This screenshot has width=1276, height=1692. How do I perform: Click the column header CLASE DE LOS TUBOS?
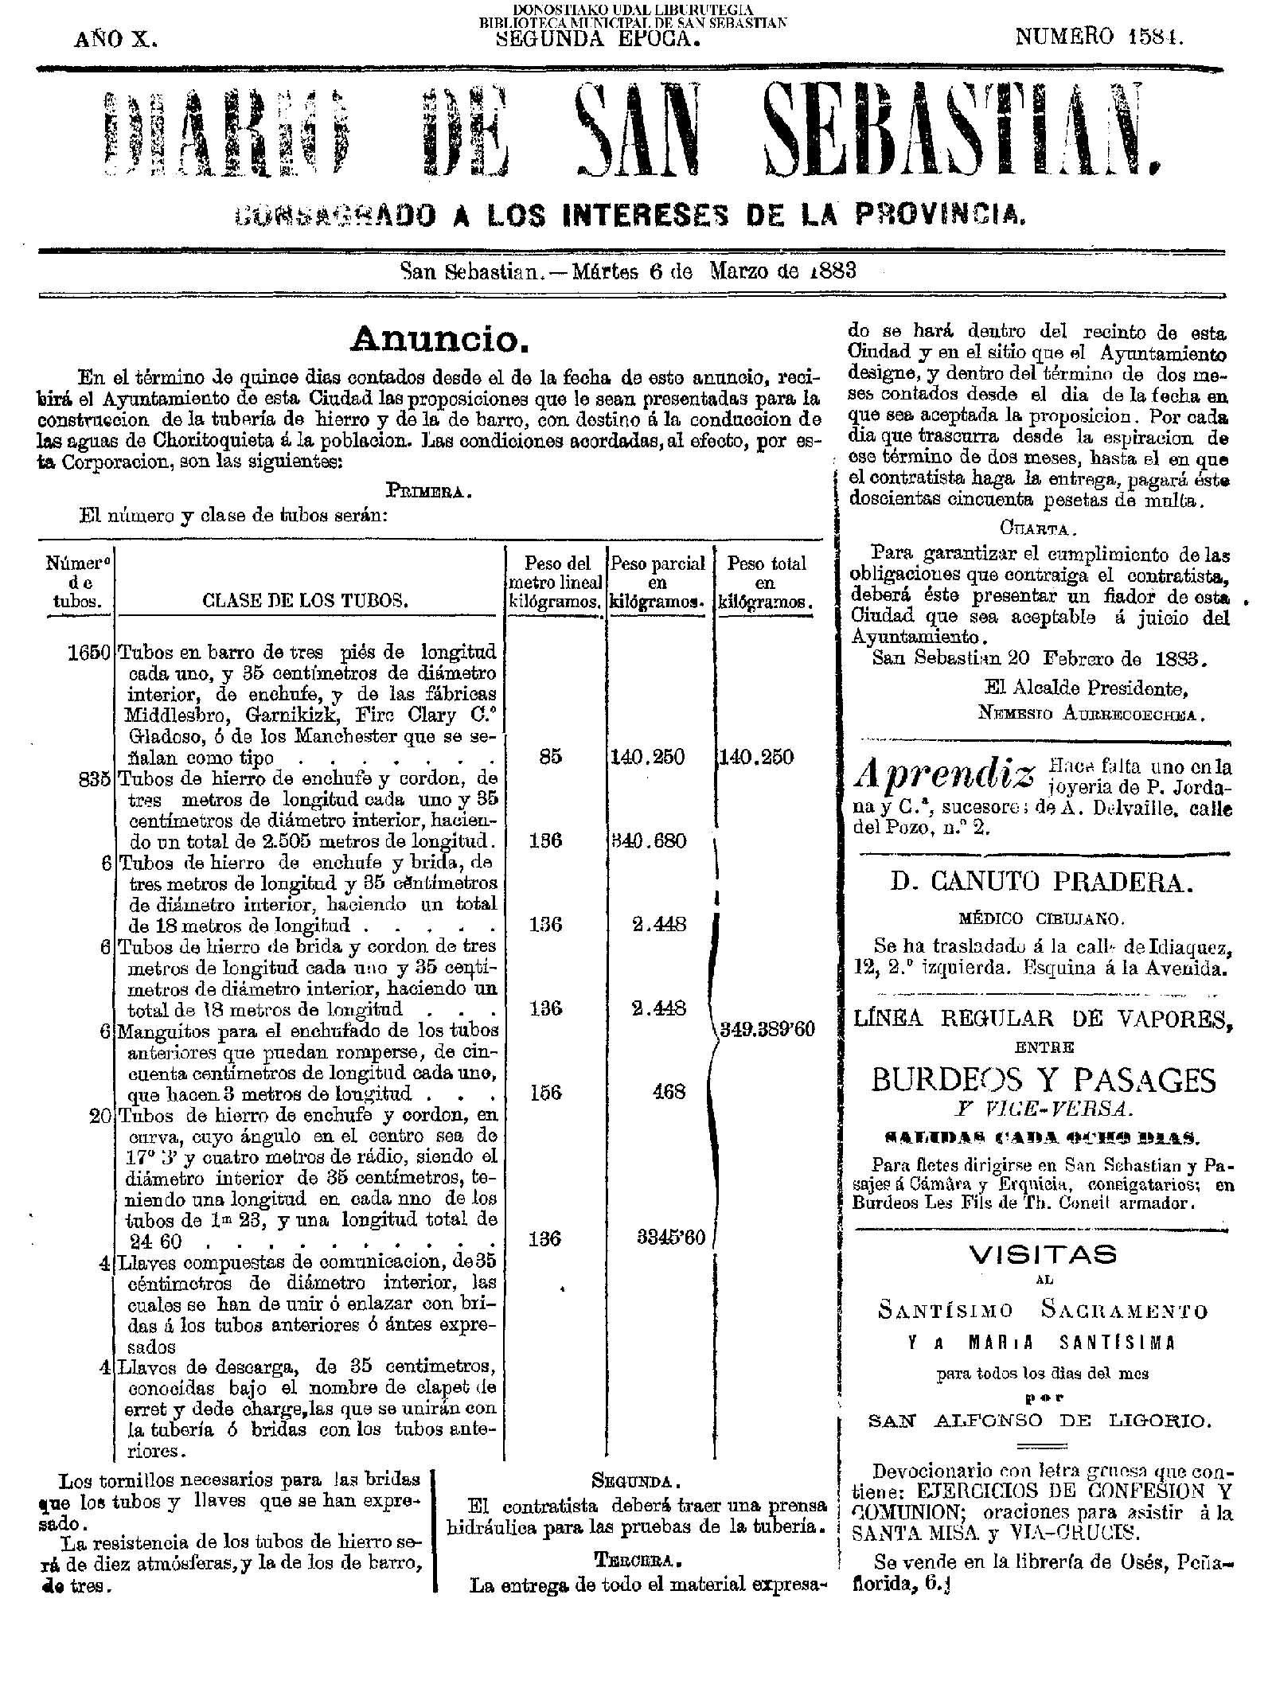click(x=306, y=602)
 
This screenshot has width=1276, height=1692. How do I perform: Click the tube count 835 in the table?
click(x=94, y=779)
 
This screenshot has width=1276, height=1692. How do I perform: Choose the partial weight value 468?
click(x=669, y=1092)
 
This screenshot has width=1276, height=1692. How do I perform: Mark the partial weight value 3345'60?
click(x=671, y=1239)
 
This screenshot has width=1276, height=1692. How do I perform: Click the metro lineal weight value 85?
click(x=550, y=756)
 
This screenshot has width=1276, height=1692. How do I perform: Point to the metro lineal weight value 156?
click(x=545, y=1092)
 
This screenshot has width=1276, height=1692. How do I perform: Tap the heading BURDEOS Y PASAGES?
click(x=1044, y=1080)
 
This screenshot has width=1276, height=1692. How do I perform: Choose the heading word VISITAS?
click(x=1043, y=1255)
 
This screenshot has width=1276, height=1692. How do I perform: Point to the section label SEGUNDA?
click(x=635, y=1482)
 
